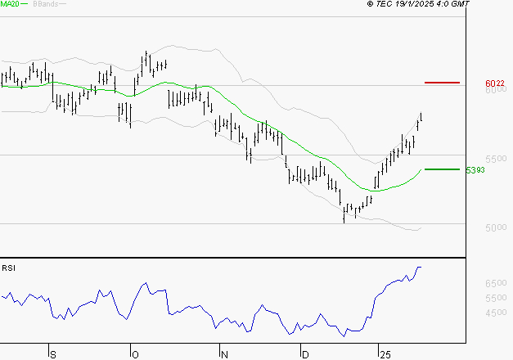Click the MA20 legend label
[x=10, y=4]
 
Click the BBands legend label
[x=45, y=4]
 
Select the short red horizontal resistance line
[x=443, y=83]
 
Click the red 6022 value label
[x=493, y=83]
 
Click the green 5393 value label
[x=475, y=170]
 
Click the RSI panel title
[x=9, y=267]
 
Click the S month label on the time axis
[x=53, y=354]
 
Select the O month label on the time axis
[x=134, y=354]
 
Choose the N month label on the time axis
[x=223, y=354]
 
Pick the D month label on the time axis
[x=305, y=354]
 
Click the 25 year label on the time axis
[x=384, y=354]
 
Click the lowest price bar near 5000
[x=344, y=214]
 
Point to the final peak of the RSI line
[x=420, y=268]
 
